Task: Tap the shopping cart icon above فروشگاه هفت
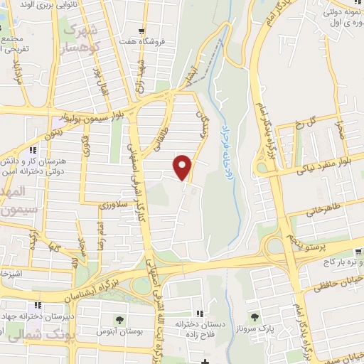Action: click(x=142, y=31)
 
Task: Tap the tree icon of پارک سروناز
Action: click(x=254, y=317)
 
